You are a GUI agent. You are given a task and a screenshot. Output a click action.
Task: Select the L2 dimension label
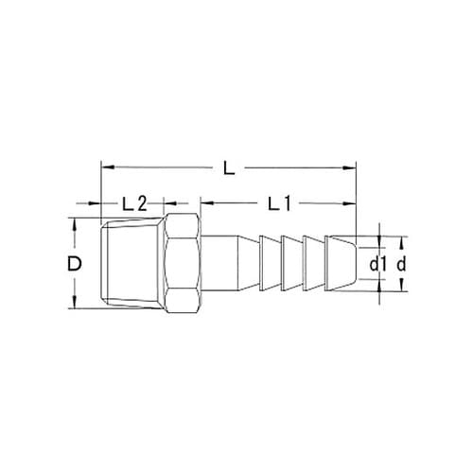coord(133,202)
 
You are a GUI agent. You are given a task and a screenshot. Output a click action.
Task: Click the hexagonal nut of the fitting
coord(183,263)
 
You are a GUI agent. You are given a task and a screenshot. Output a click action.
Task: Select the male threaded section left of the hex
coord(131,263)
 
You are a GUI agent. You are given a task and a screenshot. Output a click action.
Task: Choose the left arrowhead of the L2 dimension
coord(105,202)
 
